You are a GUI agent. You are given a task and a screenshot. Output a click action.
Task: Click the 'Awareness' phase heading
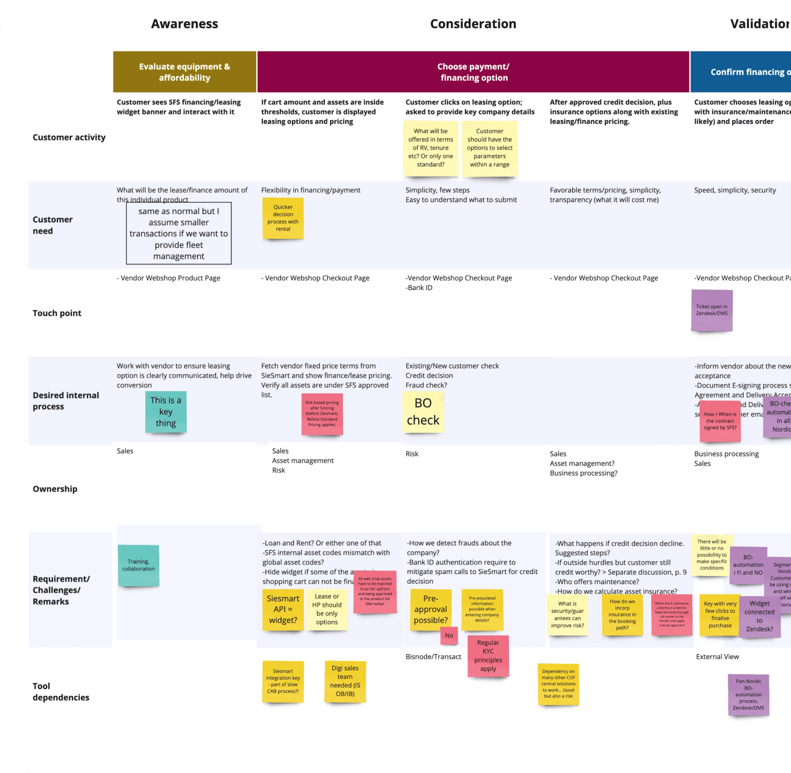[x=184, y=24]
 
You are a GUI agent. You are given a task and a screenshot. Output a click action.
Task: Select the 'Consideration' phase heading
[x=473, y=24]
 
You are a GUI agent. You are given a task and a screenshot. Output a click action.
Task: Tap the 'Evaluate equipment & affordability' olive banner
[x=184, y=72]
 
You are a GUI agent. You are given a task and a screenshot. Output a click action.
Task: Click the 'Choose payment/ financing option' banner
[x=473, y=72]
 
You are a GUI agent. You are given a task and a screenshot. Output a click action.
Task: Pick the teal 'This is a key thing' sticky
[x=166, y=412]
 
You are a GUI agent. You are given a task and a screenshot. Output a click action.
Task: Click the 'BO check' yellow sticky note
[x=423, y=412]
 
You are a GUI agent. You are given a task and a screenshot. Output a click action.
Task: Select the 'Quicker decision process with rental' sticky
[x=283, y=218]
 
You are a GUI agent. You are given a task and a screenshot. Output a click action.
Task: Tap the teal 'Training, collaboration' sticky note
[x=138, y=565]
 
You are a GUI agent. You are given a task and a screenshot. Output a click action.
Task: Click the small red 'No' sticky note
[x=449, y=636]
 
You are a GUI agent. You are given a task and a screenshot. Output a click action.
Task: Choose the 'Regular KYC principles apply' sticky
[x=488, y=656]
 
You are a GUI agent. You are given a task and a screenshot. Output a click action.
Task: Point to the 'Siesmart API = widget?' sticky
[x=283, y=609]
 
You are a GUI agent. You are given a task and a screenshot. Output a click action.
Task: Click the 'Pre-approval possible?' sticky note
[x=431, y=609]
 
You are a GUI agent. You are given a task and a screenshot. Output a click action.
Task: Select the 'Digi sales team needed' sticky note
[x=345, y=681]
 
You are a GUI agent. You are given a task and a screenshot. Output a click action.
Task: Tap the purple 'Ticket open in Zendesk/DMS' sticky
[x=712, y=310]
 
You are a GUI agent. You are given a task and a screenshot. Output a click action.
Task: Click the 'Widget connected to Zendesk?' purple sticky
[x=760, y=616]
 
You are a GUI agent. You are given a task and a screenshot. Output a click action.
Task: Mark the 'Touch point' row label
[x=57, y=313]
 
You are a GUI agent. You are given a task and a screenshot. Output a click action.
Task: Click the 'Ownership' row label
[x=55, y=489]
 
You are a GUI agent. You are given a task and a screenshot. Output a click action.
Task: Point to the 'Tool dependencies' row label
[x=61, y=692]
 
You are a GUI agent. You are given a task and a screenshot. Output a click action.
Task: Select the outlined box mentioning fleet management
[x=179, y=234]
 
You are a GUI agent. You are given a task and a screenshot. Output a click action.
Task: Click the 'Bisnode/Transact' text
[x=433, y=657]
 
